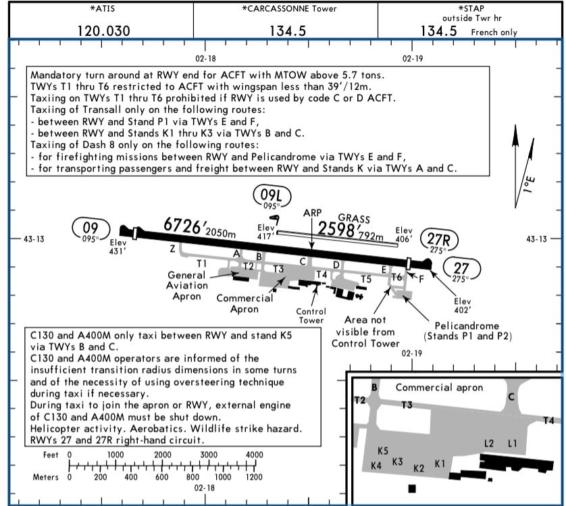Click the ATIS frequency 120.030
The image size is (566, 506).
[104, 31]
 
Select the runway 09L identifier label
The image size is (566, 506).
[271, 195]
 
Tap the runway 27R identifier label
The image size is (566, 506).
[438, 239]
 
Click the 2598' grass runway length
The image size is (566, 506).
[338, 229]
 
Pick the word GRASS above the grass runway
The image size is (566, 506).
[354, 218]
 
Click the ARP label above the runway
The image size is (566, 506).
[312, 213]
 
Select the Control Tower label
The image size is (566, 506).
[311, 315]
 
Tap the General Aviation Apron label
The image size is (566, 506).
[187, 286]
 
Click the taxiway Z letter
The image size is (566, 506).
[172, 249]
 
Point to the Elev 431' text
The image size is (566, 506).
[118, 247]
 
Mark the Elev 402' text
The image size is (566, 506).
[463, 305]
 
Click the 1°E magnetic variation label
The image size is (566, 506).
[529, 184]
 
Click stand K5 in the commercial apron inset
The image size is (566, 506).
[383, 451]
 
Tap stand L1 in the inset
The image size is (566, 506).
[512, 443]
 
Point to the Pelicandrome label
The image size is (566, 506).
[467, 326]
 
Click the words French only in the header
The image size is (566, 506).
[494, 32]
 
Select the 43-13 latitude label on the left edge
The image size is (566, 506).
[34, 239]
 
